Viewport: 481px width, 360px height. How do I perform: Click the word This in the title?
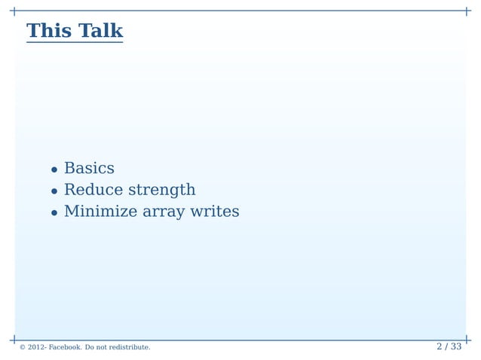[49, 31]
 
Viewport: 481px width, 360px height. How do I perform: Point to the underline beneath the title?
[75, 43]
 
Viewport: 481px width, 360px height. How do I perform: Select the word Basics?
[89, 168]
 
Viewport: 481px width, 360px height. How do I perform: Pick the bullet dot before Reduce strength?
[54, 191]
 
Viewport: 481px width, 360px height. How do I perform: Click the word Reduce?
[93, 190]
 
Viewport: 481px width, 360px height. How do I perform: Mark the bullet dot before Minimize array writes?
[54, 213]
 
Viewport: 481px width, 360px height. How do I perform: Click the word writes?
[215, 212]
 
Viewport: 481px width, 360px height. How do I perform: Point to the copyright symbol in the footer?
[23, 347]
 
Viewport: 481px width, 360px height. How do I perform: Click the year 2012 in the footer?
[37, 347]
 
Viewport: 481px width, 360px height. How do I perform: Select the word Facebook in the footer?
[66, 347]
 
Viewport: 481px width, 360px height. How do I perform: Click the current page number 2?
[440, 346]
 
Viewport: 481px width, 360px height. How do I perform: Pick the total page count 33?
[455, 346]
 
